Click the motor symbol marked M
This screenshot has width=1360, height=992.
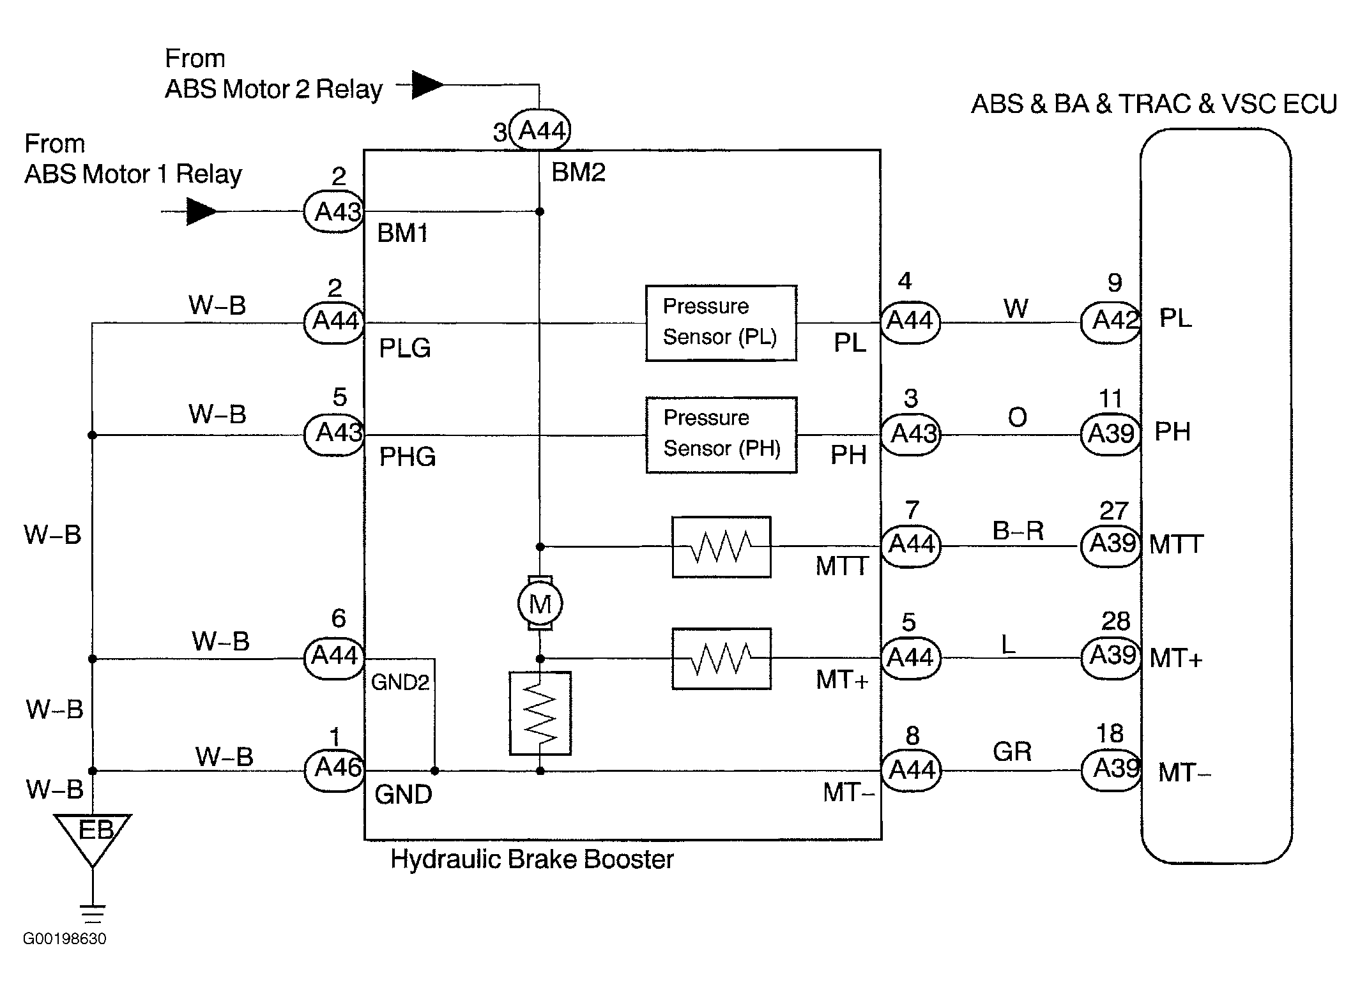coord(540,603)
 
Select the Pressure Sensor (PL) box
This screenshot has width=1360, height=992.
coord(721,322)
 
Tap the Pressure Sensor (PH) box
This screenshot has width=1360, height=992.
coord(721,435)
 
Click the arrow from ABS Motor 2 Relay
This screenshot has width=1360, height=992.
coord(427,84)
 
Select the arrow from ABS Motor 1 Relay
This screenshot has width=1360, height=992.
coord(201,211)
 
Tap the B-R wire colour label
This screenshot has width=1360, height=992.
coord(1018,530)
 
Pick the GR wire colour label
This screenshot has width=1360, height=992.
coord(1012,752)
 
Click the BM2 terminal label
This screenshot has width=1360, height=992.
coord(578,172)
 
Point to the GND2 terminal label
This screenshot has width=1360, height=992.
coord(400,682)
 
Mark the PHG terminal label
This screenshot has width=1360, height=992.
coord(407,457)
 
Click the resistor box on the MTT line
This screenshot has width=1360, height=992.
coord(721,547)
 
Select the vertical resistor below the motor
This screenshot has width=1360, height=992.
coord(540,713)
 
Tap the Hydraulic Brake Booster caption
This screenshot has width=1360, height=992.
coord(531,859)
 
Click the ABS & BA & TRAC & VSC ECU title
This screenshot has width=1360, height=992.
coord(1154,104)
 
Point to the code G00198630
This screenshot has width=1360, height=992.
coord(65,938)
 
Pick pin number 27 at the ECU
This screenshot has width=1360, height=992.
coord(1113,511)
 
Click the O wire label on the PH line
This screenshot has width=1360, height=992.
coord(1017,417)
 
